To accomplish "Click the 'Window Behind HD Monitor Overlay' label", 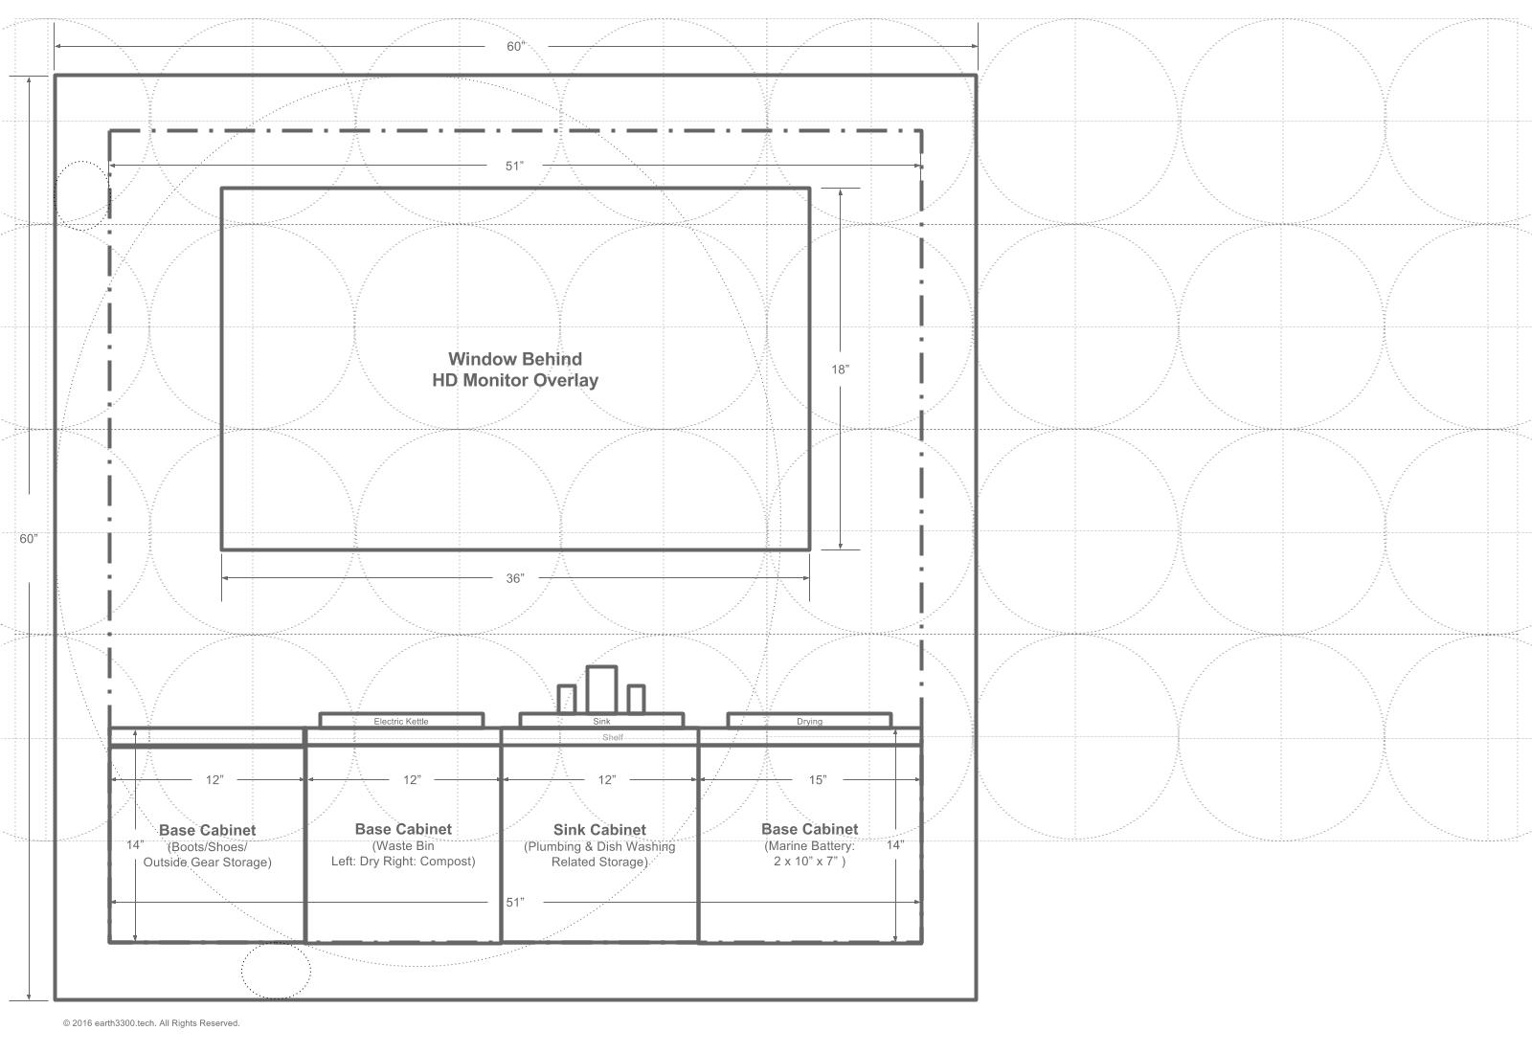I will (x=515, y=370).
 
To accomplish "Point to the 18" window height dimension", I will (x=840, y=369).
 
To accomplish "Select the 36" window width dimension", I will (x=515, y=578).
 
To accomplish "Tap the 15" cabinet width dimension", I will (x=817, y=780).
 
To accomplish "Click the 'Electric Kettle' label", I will (x=401, y=721).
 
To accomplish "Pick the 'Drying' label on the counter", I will (x=809, y=721).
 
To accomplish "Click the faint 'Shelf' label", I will (x=613, y=737).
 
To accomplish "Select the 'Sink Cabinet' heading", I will (x=599, y=830).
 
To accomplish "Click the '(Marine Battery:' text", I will (x=809, y=846).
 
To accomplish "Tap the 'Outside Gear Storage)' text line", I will (x=207, y=863).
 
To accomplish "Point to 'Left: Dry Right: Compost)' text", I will (x=403, y=862).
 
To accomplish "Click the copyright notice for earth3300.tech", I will (x=151, y=1023).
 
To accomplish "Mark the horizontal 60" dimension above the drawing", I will (x=516, y=47).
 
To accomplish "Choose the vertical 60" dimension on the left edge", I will (x=29, y=539).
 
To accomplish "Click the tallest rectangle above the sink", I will (x=601, y=689).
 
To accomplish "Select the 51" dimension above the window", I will (x=515, y=166).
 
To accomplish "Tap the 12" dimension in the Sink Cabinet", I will (x=606, y=780).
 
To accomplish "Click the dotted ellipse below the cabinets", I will (x=276, y=971).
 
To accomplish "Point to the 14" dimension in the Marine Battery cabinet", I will (x=894, y=845).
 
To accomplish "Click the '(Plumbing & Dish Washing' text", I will (x=599, y=846).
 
